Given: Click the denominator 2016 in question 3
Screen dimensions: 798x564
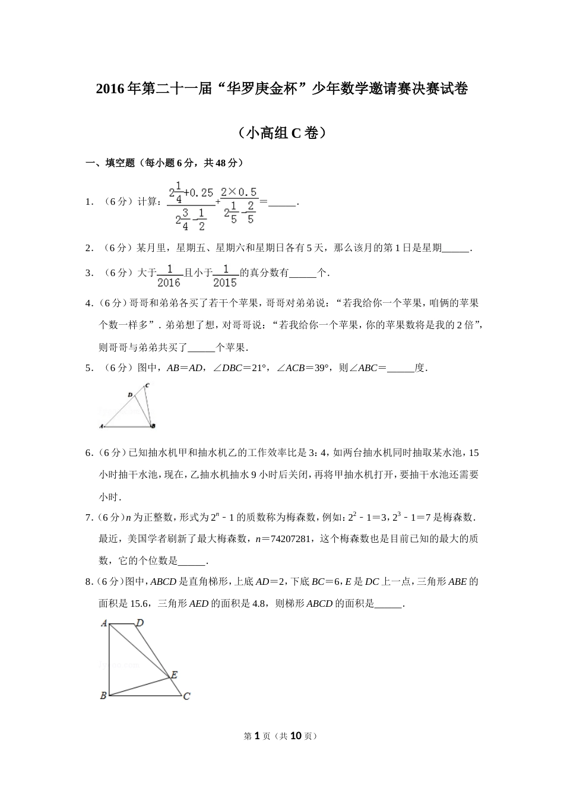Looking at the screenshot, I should pyautogui.click(x=169, y=283).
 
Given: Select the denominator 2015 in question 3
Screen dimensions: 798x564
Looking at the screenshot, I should pyautogui.click(x=225, y=283).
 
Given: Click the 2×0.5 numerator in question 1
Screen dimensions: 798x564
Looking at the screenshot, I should pyautogui.click(x=239, y=192).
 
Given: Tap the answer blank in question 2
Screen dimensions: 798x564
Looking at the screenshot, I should pyautogui.click(x=456, y=248).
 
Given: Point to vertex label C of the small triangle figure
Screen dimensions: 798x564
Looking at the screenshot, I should pyautogui.click(x=147, y=385).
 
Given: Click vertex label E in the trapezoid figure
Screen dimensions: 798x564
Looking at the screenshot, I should pyautogui.click(x=174, y=674).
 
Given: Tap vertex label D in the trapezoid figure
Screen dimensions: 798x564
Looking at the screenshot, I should pyautogui.click(x=140, y=623).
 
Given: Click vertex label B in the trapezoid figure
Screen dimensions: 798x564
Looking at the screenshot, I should pyautogui.click(x=103, y=695).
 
